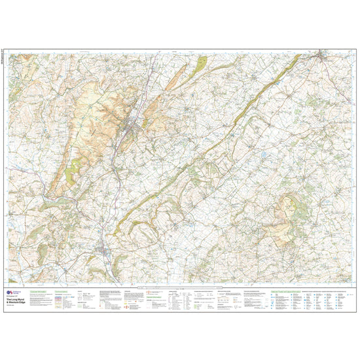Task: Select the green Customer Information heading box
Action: pos(39,289)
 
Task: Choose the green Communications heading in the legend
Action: pos(62,289)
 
